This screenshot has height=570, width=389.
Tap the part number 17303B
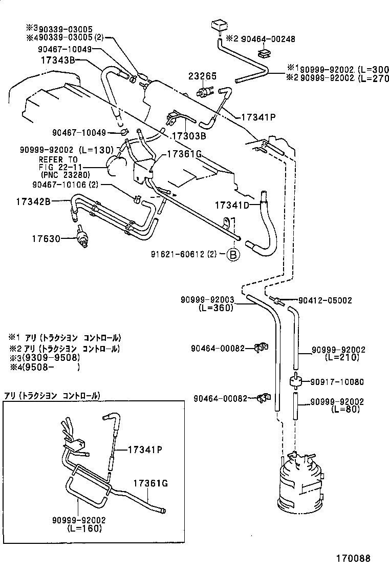[x=188, y=136]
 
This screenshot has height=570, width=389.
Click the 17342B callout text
[x=33, y=201]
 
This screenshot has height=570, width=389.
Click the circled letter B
[x=233, y=254]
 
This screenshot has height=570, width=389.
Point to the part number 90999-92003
[x=207, y=300]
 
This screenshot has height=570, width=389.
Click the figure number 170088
[x=353, y=558]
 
